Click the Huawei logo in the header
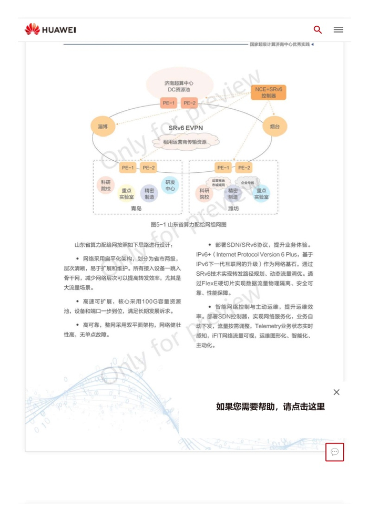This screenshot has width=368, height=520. pyautogui.click(x=50, y=29)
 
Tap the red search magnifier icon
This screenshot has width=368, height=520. pyautogui.click(x=318, y=29)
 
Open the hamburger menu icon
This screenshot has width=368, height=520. pyautogui.click(x=339, y=29)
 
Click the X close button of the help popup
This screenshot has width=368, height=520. pyautogui.click(x=336, y=392)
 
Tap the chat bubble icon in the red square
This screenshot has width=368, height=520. pyautogui.click(x=334, y=452)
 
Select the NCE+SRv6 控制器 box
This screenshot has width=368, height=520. pyautogui.click(x=269, y=92)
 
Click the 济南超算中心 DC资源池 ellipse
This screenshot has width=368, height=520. pyautogui.click(x=179, y=86)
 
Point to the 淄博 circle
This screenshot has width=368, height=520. pyautogui.click(x=103, y=127)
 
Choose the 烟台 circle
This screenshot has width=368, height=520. pyautogui.click(x=275, y=127)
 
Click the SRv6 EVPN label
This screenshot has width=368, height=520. pyautogui.click(x=186, y=128)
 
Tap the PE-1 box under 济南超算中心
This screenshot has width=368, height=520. pyautogui.click(x=169, y=103)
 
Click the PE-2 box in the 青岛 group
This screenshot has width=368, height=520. pyautogui.click(x=149, y=168)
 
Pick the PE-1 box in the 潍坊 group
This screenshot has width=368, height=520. pyautogui.click(x=223, y=168)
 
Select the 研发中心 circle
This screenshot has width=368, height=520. pyautogui.click(x=170, y=185)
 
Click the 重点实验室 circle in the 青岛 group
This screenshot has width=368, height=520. pyautogui.click(x=127, y=194)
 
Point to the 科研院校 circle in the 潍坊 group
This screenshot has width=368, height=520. pyautogui.click(x=205, y=194)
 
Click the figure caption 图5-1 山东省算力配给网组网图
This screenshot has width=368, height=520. pyautogui.click(x=189, y=224)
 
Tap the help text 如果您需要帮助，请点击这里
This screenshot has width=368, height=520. pyautogui.click(x=270, y=407)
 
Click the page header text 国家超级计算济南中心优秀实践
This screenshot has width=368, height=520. pyautogui.click(x=279, y=44)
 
